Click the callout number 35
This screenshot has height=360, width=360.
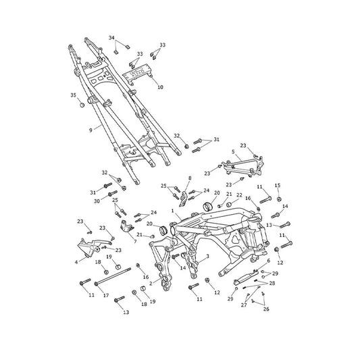[x=73, y=95]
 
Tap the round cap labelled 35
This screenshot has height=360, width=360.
[x=82, y=105]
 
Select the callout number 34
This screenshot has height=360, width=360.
[x=111, y=38]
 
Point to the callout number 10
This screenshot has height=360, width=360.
[x=160, y=87]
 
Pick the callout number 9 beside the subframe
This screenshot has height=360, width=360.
[x=91, y=130]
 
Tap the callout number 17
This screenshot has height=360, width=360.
[x=106, y=295]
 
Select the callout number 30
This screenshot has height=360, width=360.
[x=97, y=201]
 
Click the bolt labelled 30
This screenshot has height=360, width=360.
[x=112, y=193]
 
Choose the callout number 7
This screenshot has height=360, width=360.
[x=135, y=242]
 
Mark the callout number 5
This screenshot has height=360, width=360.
[x=233, y=152]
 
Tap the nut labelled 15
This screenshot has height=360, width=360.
[x=279, y=199]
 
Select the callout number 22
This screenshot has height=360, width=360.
[x=239, y=195]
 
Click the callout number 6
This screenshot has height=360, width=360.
[x=269, y=261]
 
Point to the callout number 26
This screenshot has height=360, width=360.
[x=266, y=309]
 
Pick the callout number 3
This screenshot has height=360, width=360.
[x=207, y=256]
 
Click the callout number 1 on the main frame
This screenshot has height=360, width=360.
[x=173, y=211]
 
